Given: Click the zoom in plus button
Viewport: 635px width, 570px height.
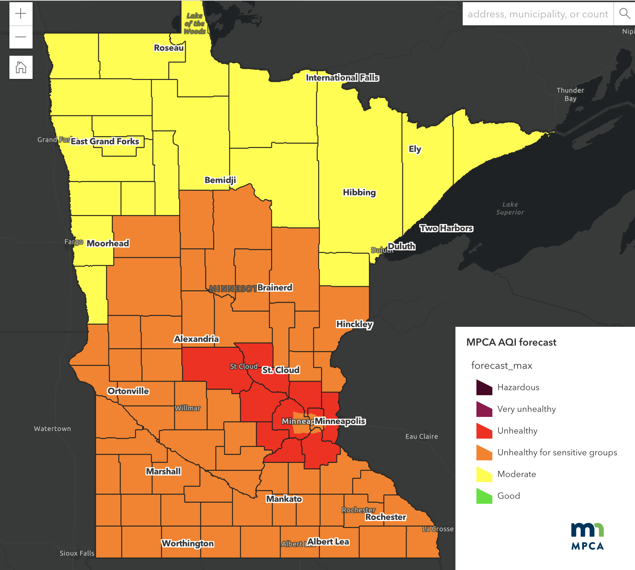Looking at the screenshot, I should point(21,14).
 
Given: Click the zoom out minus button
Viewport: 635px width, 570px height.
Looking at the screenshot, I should point(21,37).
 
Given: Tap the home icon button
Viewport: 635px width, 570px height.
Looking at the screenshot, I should point(21,67).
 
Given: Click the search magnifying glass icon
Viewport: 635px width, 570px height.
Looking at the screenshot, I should point(625,14).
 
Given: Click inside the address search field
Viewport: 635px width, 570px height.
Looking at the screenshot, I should point(538,14).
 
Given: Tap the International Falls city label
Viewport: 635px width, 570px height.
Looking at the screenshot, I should point(342,77).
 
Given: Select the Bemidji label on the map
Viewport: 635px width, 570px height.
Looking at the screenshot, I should point(220,180).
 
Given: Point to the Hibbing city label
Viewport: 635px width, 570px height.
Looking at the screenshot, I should point(359,192).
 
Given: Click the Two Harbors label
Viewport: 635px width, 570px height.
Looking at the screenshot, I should point(446,228).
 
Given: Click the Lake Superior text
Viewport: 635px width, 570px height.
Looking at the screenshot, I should point(510,208).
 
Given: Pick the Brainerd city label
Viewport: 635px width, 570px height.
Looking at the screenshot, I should point(275,287).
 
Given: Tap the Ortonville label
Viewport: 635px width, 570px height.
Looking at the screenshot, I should point(128,391).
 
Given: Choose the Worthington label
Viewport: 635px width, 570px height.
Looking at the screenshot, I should point(188,543).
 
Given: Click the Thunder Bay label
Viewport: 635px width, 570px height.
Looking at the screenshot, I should point(570,94).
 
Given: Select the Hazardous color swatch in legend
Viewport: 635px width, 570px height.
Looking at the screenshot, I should point(484,388).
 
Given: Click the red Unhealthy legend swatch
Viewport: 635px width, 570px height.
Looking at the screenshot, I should point(484,431).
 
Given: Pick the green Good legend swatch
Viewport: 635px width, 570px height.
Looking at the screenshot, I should point(484,496).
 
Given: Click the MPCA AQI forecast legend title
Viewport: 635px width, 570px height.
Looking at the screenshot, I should point(511,342).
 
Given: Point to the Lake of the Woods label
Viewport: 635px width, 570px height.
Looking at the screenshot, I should point(194,24).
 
